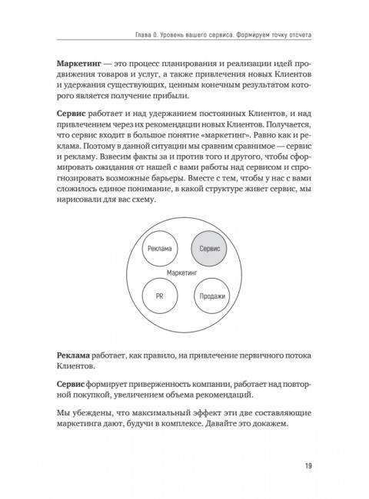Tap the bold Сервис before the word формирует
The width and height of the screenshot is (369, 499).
click(73, 382)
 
